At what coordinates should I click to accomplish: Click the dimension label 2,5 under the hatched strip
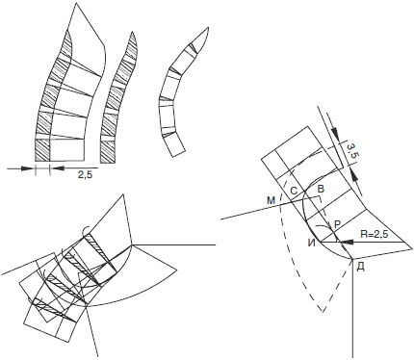(85, 174)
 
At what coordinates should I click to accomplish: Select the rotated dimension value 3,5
(352, 150)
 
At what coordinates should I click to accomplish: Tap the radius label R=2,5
(375, 234)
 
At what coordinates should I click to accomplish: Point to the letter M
(272, 201)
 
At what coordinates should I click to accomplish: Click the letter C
(294, 191)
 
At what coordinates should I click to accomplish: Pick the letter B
(321, 189)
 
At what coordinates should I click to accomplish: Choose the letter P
(337, 224)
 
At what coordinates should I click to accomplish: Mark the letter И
(311, 244)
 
